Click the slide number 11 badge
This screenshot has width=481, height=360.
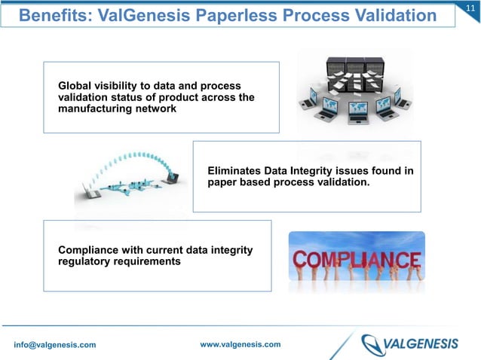[x=470, y=8]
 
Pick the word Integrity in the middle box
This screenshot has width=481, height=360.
[x=319, y=171]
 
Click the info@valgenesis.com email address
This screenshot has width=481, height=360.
[x=55, y=345]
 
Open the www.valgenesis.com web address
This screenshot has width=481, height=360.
[x=240, y=344]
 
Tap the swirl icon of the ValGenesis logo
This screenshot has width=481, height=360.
[x=375, y=344]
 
